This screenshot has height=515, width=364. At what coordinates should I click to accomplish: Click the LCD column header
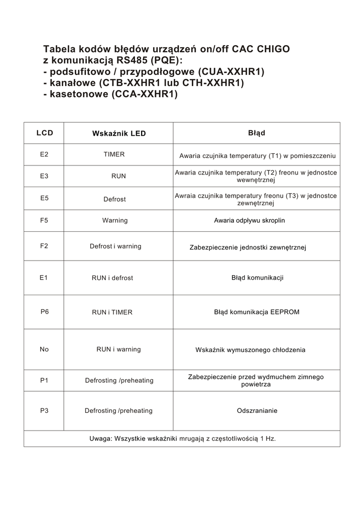coord(44,133)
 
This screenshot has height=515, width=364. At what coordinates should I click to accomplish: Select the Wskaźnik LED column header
coord(119,133)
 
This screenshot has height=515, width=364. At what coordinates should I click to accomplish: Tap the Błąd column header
coord(257,133)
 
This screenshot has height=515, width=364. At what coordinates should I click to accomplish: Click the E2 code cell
coord(44,154)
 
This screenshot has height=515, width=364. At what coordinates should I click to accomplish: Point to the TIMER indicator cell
coord(114,154)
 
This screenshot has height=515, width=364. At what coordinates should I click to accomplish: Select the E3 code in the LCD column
coord(44,176)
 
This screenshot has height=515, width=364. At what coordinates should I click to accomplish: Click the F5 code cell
coord(44,220)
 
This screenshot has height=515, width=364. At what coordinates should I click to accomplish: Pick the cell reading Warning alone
coord(115,220)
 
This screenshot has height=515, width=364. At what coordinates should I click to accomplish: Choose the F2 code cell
coord(44,246)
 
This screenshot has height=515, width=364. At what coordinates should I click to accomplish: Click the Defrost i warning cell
coord(115,246)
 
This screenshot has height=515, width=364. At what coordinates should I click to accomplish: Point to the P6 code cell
coord(45,312)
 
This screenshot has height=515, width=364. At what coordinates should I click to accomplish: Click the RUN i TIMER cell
coord(112,312)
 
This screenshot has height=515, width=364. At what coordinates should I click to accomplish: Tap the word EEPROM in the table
coord(284,312)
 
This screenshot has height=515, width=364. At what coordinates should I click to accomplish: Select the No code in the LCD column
coord(44,349)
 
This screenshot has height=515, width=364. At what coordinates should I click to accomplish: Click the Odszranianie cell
coord(257,410)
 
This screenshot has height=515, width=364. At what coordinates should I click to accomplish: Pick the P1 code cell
coord(44,380)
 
